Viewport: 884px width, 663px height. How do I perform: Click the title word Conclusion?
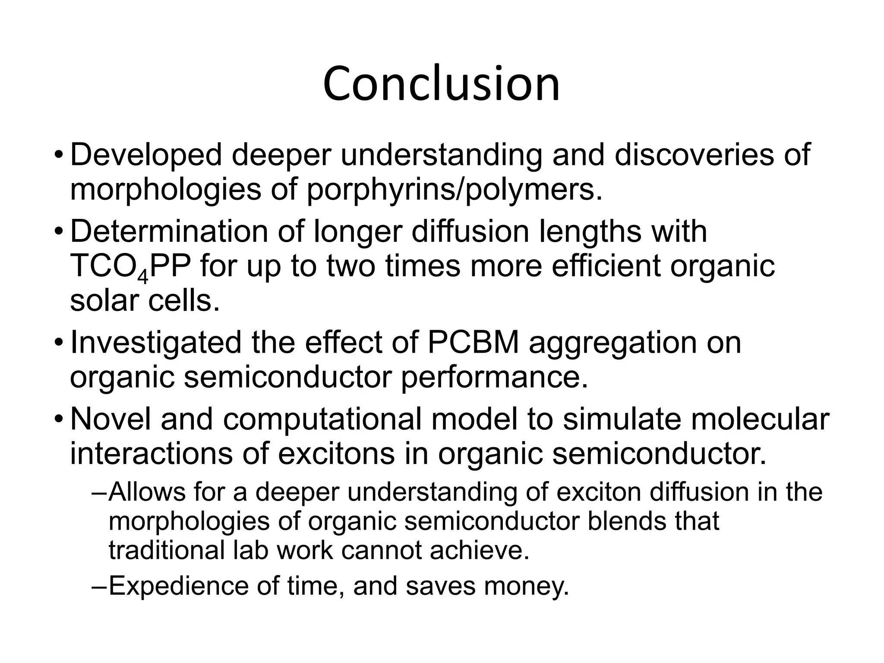[x=441, y=84]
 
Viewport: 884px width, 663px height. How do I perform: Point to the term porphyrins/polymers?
[x=454, y=190]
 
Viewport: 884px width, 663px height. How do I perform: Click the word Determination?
[x=168, y=232]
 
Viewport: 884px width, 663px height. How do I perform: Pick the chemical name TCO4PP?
[x=130, y=267]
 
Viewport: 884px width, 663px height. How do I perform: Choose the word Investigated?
[x=155, y=343]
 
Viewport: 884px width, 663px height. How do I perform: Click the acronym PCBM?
[x=473, y=343]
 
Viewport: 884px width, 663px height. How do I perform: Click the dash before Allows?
[x=99, y=492]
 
